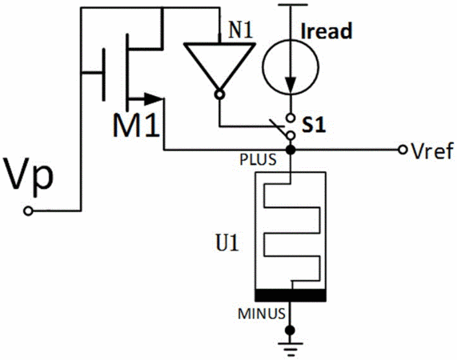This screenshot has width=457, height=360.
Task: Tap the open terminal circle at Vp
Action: pyautogui.click(x=28, y=211)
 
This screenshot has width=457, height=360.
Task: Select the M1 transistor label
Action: pyautogui.click(x=136, y=126)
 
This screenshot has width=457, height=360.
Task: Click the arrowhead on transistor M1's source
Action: pyautogui.click(x=154, y=99)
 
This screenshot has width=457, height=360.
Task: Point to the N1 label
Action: pyautogui.click(x=240, y=30)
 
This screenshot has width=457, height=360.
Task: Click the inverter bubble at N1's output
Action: pyautogui.click(x=219, y=94)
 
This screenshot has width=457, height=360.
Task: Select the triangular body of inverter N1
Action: pyautogui.click(x=219, y=66)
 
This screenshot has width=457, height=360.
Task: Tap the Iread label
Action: pyautogui.click(x=326, y=31)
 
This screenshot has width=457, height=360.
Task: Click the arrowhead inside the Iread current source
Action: pyautogui.click(x=291, y=85)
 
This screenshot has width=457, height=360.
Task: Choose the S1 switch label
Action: pyautogui.click(x=314, y=126)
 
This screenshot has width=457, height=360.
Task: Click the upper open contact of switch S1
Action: pyautogui.click(x=291, y=118)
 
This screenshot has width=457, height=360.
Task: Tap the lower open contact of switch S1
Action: pyautogui.click(x=291, y=136)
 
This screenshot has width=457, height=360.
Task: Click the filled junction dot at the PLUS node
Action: pyautogui.click(x=291, y=150)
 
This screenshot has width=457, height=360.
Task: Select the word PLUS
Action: pyautogui.click(x=258, y=160)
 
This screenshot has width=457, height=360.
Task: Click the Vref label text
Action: pyautogui.click(x=432, y=151)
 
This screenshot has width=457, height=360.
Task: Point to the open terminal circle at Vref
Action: pyautogui.click(x=403, y=150)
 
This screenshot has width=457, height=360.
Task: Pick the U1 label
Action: pyautogui.click(x=227, y=243)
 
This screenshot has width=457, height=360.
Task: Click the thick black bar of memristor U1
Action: pyautogui.click(x=291, y=295)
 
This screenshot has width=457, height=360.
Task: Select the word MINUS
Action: pyautogui.click(x=262, y=314)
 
